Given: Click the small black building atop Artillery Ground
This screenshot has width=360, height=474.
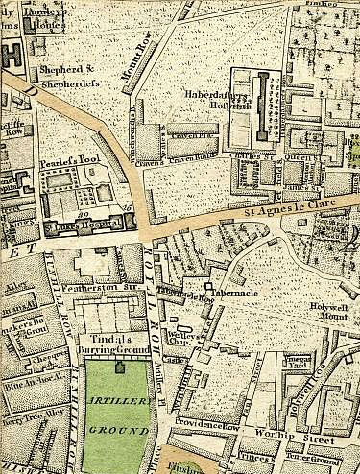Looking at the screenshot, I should (120, 366).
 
